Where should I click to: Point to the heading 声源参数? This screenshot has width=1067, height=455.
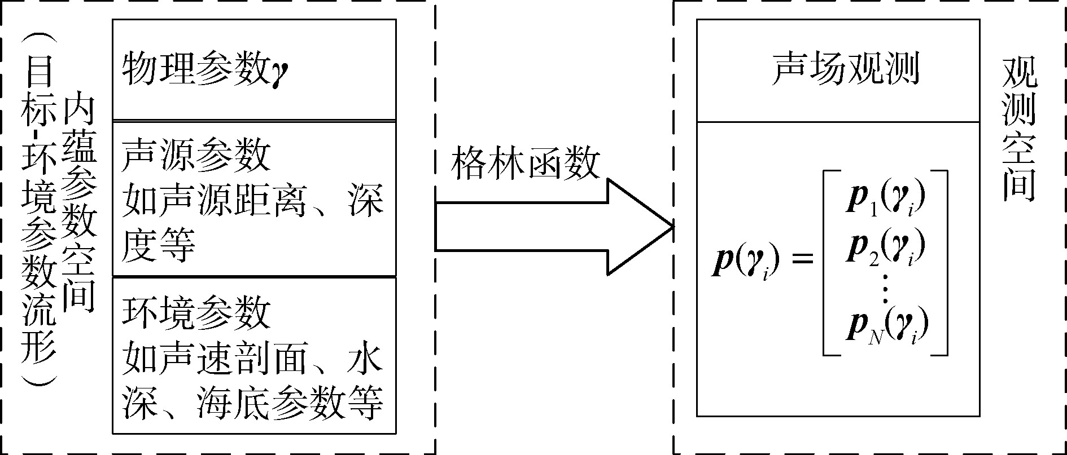coord(196,155)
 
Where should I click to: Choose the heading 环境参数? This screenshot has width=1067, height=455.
coord(196,312)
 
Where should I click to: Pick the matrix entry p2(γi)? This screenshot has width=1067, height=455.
coord(886,248)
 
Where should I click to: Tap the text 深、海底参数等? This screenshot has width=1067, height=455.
coord(252,403)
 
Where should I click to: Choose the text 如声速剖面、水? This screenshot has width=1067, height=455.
coord(252,358)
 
